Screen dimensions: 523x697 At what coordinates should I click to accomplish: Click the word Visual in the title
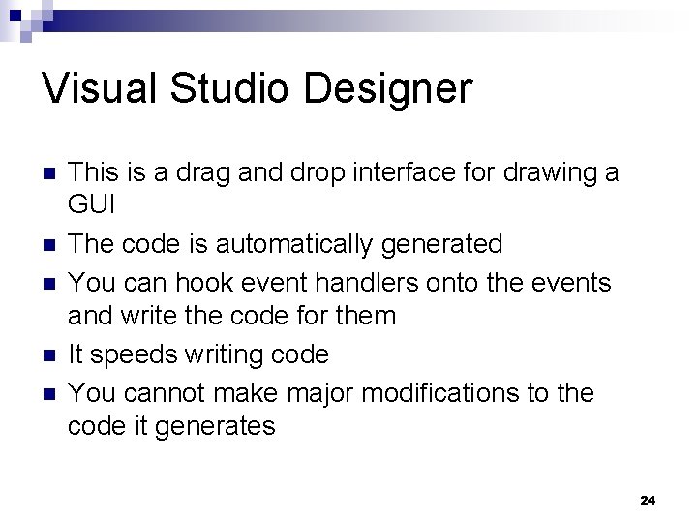(102, 88)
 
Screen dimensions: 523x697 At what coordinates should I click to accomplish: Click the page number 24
(648, 500)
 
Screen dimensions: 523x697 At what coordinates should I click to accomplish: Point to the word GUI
(92, 205)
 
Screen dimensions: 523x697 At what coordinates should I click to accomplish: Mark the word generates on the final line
(219, 426)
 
